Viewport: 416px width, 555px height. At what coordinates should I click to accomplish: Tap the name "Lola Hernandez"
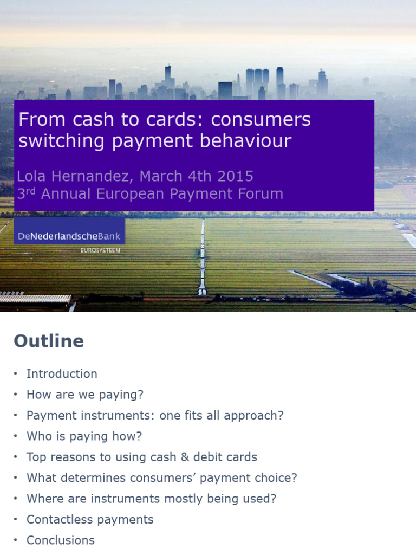[x=75, y=176]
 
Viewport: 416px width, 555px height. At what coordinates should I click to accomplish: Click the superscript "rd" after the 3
[x=32, y=191]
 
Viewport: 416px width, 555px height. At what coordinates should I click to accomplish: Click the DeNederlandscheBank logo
[x=69, y=236]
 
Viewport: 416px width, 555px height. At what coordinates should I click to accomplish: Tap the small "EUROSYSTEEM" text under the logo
[x=100, y=250]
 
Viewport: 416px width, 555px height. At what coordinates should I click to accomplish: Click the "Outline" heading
[x=49, y=341]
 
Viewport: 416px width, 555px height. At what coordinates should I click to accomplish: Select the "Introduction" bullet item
[x=62, y=374]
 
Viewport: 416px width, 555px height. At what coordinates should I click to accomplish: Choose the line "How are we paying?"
[x=85, y=395]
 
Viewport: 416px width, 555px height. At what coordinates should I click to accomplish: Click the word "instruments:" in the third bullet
[x=113, y=416]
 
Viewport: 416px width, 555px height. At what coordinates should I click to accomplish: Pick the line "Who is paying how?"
[x=84, y=436]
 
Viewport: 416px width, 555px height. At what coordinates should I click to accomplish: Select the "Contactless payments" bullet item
[x=90, y=519]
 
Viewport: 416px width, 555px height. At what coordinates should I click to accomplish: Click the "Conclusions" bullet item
[x=61, y=540]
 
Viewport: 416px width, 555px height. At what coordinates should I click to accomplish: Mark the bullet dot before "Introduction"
[x=16, y=375]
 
